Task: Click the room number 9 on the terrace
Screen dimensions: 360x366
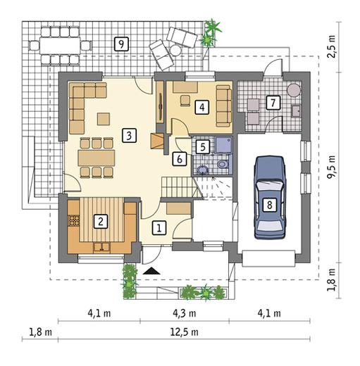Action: click(121, 44)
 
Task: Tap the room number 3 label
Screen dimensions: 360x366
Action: click(129, 135)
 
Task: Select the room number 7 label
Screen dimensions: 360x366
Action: click(273, 103)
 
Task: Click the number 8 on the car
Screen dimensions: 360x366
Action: click(270, 205)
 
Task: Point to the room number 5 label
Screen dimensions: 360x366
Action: click(203, 147)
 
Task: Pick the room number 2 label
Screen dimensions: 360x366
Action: click(101, 221)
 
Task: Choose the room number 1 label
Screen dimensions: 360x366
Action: click(159, 228)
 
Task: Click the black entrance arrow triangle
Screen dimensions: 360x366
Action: click(151, 271)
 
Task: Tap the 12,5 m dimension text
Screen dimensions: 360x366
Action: click(185, 332)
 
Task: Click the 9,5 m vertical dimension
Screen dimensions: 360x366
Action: click(332, 167)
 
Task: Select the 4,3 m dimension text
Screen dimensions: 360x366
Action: click(185, 313)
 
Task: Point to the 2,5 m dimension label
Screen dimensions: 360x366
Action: click(332, 46)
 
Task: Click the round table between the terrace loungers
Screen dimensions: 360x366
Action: click(175, 50)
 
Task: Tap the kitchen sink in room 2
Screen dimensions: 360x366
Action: click(101, 248)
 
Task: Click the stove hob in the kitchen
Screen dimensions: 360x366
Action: click(74, 220)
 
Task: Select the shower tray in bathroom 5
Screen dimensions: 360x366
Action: click(224, 145)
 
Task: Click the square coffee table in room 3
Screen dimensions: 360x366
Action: click(104, 119)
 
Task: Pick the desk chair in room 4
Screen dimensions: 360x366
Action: click(185, 101)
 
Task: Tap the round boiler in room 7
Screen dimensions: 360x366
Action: click(294, 90)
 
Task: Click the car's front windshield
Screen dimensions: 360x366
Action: click(269, 186)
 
